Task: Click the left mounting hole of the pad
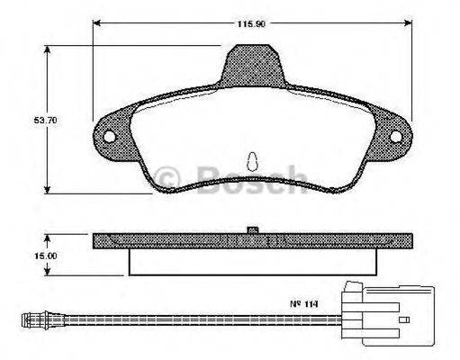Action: coord(111,138)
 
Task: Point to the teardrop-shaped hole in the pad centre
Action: coord(253,158)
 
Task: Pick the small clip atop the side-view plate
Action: coord(254,229)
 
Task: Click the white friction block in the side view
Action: coord(253,261)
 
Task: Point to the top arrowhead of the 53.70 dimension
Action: coord(48,44)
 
